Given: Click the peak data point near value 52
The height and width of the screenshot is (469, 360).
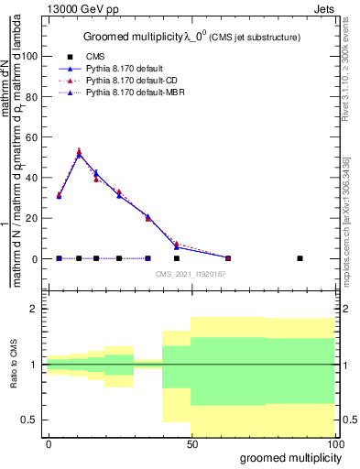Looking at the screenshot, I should (x=79, y=153).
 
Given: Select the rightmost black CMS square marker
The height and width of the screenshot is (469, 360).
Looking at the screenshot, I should (x=300, y=258).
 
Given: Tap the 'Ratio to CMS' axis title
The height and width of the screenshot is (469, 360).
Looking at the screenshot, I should (x=13, y=365).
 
